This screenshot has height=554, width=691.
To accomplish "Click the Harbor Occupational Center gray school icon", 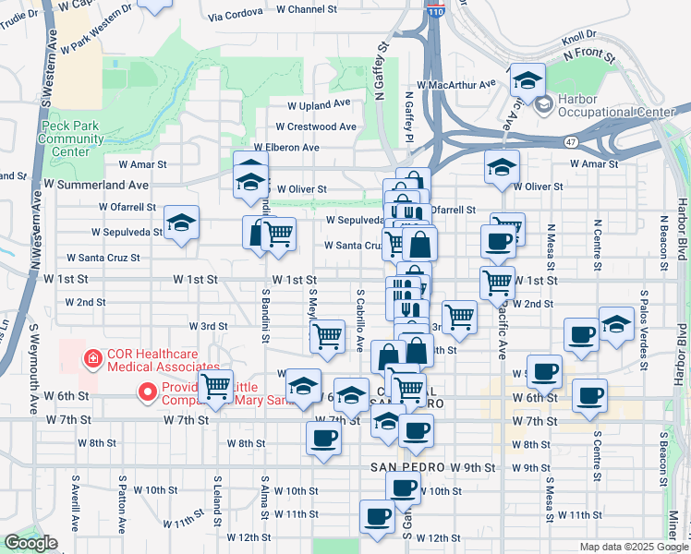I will point(542,104).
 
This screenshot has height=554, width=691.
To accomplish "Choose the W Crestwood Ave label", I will point(315,126).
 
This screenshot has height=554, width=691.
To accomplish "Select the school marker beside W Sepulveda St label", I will point(182,223).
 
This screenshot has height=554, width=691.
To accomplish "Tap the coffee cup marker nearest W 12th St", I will point(376,517).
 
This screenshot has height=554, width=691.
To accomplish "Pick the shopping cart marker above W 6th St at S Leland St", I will point(215,385).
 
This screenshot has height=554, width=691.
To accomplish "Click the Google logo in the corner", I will point(31,543).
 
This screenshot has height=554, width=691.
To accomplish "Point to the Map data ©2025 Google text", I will point(634,547).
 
